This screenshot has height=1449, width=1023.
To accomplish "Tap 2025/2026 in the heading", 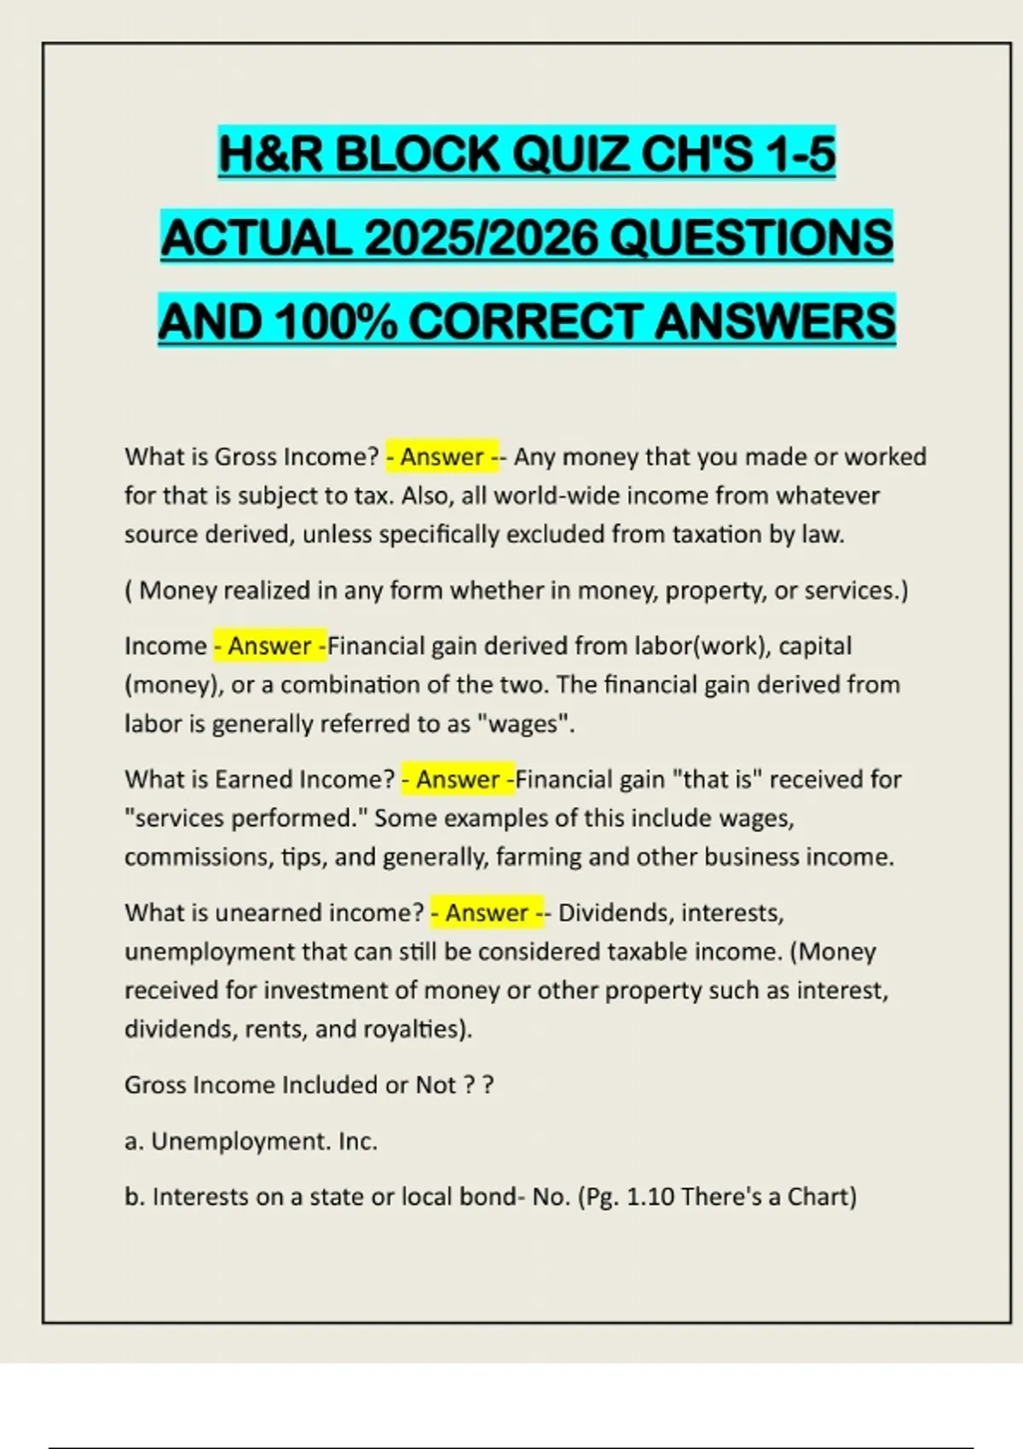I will click(481, 237).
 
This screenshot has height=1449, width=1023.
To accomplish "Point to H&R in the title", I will click(271, 154).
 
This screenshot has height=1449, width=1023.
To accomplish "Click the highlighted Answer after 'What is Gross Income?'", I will click(442, 457).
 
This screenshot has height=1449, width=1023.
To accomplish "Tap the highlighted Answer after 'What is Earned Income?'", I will click(458, 779).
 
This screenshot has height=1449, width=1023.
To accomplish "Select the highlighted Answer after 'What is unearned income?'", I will click(487, 913).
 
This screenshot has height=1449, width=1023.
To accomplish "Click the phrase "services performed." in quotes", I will click(246, 818).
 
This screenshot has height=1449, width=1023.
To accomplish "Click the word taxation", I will click(720, 534).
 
